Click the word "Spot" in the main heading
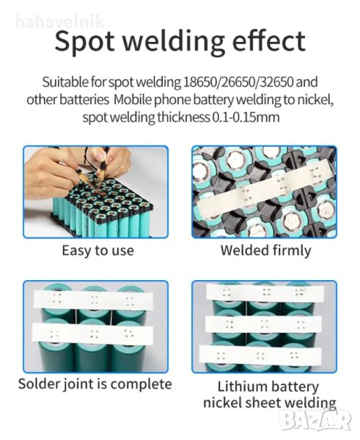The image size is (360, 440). [84, 42]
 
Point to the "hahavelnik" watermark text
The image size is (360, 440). [60, 21]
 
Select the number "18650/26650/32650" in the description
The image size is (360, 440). [238, 81]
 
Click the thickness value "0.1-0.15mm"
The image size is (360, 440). [246, 117]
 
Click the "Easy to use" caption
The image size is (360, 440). [98, 251]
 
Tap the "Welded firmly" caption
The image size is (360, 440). [265, 250]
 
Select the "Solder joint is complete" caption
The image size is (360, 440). [95, 384]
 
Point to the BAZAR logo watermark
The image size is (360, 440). [316, 419]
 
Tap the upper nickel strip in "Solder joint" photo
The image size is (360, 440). [93, 300]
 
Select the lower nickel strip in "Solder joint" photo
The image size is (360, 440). [92, 334]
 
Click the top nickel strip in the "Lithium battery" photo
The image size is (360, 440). [265, 293]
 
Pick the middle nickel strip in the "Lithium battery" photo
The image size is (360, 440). [263, 324]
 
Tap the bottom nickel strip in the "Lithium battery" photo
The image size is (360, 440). [260, 356]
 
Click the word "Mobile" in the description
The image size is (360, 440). [133, 100]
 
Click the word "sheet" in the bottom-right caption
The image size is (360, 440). [260, 403]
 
